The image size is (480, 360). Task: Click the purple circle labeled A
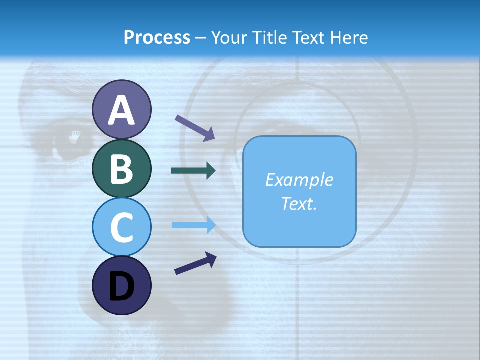(121, 109)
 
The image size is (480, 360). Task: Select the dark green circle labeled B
(121, 168)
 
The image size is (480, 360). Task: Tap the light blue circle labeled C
(121, 227)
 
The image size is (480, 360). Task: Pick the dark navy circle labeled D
(121, 285)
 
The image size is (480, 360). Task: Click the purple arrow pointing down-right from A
(194, 128)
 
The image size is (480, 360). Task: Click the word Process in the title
(157, 38)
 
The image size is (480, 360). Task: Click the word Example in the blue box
(299, 180)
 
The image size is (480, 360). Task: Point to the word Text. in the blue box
(299, 203)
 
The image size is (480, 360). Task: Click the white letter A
(121, 111)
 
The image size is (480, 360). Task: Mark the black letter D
(121, 287)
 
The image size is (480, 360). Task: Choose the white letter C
(121, 228)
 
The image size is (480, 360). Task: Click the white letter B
(121, 169)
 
